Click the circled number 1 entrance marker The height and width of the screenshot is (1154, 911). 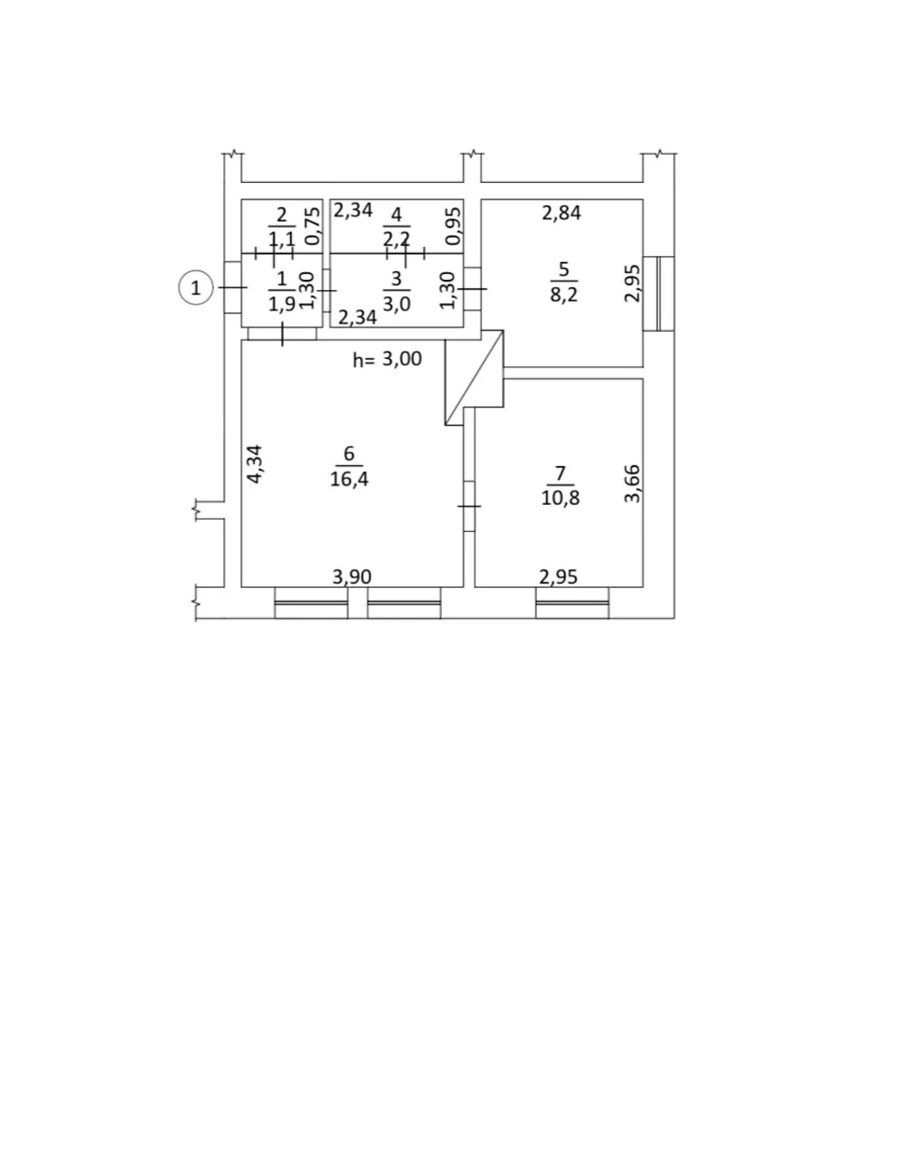click(196, 288)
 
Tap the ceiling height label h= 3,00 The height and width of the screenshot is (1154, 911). click(387, 359)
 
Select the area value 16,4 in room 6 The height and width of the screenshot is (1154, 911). click(349, 478)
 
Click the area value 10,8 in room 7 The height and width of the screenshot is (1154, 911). click(560, 497)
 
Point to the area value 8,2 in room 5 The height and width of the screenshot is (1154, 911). click(563, 294)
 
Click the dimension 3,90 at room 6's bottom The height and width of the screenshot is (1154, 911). click(351, 576)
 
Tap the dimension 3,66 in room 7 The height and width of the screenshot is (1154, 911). click(632, 483)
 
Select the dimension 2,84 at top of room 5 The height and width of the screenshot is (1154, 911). click(561, 213)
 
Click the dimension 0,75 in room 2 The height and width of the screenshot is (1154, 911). click(312, 225)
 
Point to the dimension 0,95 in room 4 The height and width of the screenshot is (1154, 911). click(454, 225)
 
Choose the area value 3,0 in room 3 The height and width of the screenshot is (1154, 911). click(397, 304)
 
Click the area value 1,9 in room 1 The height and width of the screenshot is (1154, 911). click(282, 304)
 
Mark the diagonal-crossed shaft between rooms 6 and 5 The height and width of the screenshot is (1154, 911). click(474, 377)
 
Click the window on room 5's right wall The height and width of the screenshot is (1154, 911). click(658, 293)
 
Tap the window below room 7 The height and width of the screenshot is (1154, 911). click(572, 603)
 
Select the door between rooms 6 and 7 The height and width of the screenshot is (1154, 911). click(469, 506)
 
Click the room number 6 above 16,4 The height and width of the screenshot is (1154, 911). click(349, 454)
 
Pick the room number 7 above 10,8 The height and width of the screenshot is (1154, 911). click(560, 474)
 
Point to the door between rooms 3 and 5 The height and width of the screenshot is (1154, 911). click(472, 288)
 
